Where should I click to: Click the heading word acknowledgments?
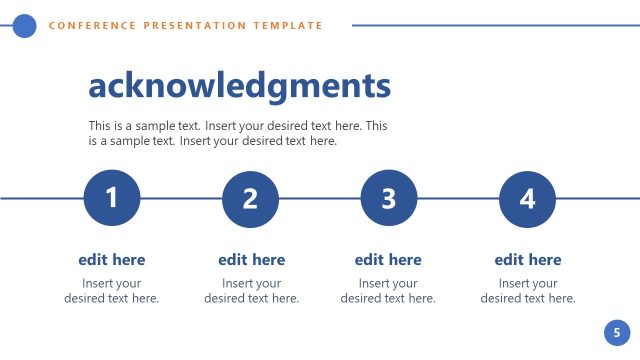click(x=239, y=86)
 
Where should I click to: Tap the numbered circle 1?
click(x=112, y=198)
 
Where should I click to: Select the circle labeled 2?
click(x=250, y=198)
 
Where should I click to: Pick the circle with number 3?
click(x=388, y=198)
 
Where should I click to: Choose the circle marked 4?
click(x=527, y=198)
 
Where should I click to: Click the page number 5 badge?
click(x=617, y=332)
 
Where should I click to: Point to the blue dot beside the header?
click(x=25, y=26)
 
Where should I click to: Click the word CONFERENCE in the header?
click(x=88, y=26)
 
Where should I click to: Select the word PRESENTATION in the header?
click(x=190, y=26)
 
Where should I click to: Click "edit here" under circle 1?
click(x=112, y=260)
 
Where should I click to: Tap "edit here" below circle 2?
click(x=251, y=260)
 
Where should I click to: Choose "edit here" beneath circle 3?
click(x=388, y=260)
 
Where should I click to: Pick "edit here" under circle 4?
click(x=528, y=260)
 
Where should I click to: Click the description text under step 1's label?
click(x=112, y=291)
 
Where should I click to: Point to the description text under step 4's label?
click(x=528, y=291)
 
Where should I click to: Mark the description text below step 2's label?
click(x=251, y=291)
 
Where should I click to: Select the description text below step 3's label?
click(x=388, y=291)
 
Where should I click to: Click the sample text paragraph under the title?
click(x=237, y=134)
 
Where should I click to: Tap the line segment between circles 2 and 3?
click(x=319, y=198)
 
